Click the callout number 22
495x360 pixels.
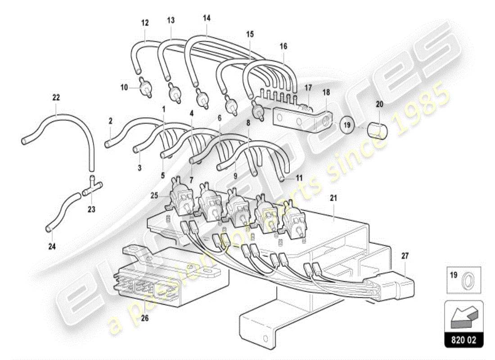point(56,97)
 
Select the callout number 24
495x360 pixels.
point(52,246)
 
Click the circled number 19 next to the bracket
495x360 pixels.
point(347,126)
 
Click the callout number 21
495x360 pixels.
point(333,198)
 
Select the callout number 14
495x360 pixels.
point(207,18)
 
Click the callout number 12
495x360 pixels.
point(144,22)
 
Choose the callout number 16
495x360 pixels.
point(283,46)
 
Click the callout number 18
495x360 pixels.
point(326,92)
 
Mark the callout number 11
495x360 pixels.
point(299,178)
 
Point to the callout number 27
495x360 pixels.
point(405,256)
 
